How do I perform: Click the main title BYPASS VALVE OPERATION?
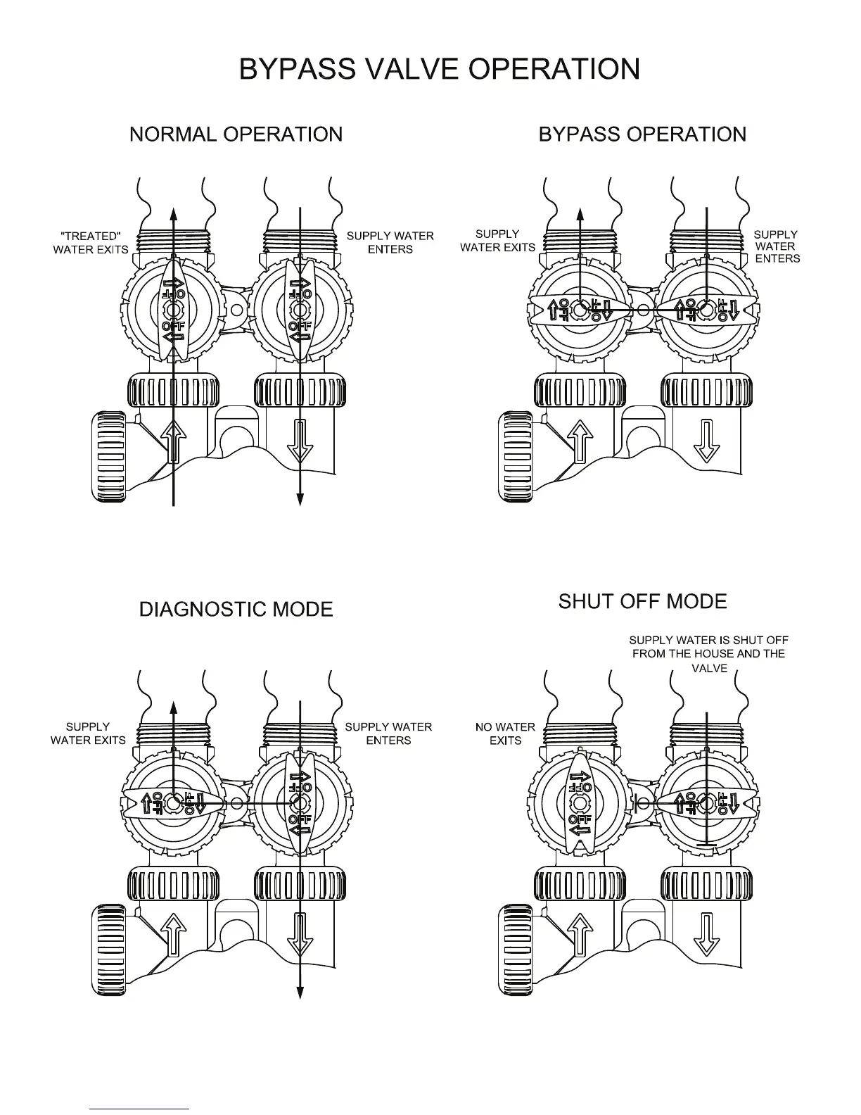(439, 69)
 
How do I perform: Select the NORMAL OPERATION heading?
(236, 134)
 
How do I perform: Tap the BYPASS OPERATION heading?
(642, 134)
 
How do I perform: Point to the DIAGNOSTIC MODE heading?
(236, 609)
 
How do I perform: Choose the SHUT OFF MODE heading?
(642, 602)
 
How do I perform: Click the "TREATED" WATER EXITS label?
(90, 243)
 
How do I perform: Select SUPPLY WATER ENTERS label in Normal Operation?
(390, 243)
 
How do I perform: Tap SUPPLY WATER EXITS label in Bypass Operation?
(497, 241)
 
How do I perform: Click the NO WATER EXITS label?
(505, 733)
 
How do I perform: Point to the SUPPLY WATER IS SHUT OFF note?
(708, 654)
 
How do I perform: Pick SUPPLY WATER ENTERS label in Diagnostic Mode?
(388, 733)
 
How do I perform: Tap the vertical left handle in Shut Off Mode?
(580, 803)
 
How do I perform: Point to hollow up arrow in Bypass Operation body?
(580, 440)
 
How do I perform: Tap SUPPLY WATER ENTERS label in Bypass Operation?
(776, 246)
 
